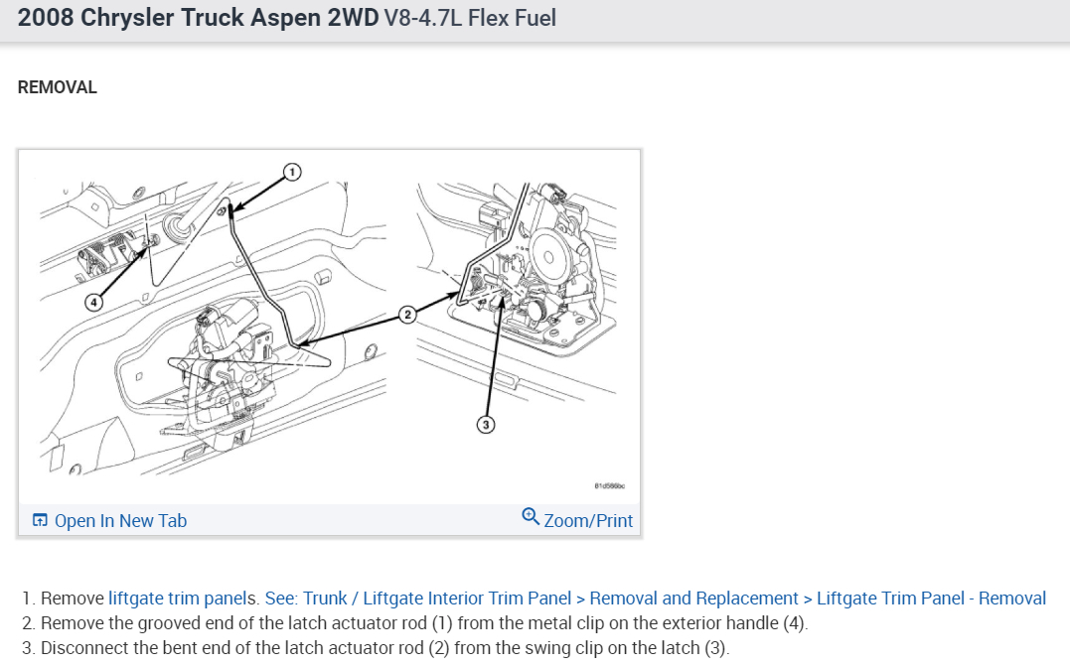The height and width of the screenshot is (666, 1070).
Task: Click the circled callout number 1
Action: pos(291,173)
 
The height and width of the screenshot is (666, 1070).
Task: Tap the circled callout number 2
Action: pos(406,315)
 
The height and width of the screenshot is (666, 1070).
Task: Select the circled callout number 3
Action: pos(486,425)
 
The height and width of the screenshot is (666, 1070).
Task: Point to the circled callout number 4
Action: pos(92,302)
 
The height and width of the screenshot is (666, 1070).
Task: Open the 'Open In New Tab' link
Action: pos(120,521)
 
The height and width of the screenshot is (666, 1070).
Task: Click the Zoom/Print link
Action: pos(588,520)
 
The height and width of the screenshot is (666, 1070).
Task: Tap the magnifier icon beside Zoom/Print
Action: pos(531,517)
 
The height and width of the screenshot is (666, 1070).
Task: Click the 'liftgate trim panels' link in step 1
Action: pos(183,599)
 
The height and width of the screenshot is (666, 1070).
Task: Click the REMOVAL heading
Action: pos(58,87)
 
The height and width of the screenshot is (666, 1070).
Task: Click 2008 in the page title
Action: pos(45,19)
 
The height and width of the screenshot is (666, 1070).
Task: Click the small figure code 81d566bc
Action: pos(608,487)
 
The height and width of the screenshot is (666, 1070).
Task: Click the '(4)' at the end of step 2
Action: pos(795,624)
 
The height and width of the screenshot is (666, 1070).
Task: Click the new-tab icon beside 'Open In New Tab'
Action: pos(40,521)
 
